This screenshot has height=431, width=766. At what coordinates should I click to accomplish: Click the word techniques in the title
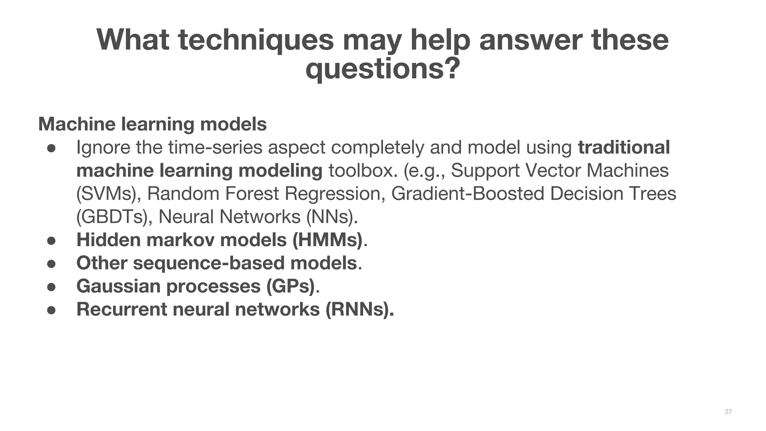pyautogui.click(x=256, y=40)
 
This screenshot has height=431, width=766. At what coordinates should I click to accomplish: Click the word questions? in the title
pyautogui.click(x=383, y=69)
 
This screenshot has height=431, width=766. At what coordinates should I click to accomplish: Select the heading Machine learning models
pyautogui.click(x=152, y=124)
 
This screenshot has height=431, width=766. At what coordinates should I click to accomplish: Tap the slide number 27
pyautogui.click(x=728, y=412)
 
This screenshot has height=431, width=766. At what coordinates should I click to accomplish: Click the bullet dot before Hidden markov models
pyautogui.click(x=51, y=241)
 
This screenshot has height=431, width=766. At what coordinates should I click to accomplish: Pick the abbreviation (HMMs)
pyautogui.click(x=327, y=240)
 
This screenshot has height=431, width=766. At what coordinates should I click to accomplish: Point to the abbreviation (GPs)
pyautogui.click(x=291, y=286)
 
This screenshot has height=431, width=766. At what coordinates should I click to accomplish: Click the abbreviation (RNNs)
pyautogui.click(x=359, y=309)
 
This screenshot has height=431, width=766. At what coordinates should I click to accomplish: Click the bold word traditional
pyautogui.click(x=623, y=147)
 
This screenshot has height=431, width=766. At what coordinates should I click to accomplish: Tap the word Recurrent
pyautogui.click(x=122, y=309)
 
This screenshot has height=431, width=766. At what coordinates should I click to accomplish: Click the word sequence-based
pyautogui.click(x=208, y=263)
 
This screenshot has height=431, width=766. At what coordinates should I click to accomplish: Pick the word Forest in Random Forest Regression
pyautogui.click(x=252, y=194)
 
